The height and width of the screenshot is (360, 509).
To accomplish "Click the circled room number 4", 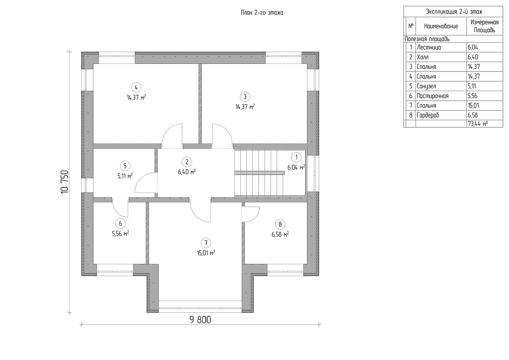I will [x=136, y=87].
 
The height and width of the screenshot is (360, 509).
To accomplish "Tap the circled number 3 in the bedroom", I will [x=245, y=96].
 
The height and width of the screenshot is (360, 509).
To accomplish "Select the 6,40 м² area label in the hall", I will [x=187, y=172].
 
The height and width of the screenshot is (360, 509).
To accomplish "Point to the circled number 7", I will [x=205, y=242].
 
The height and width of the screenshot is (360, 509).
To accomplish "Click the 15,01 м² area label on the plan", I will [x=207, y=253].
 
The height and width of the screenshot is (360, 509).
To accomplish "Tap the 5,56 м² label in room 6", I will [x=120, y=234].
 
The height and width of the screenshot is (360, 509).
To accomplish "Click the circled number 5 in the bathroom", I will [x=125, y=165].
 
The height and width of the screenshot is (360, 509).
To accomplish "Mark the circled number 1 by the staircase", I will [x=295, y=157].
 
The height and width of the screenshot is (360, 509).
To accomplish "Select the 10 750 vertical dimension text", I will [x=65, y=182].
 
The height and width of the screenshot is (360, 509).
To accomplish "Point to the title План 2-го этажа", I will [x=262, y=13].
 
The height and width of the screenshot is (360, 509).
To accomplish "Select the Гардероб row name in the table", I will [x=427, y=115].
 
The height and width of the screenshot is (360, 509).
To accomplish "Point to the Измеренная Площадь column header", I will [x=484, y=26].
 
